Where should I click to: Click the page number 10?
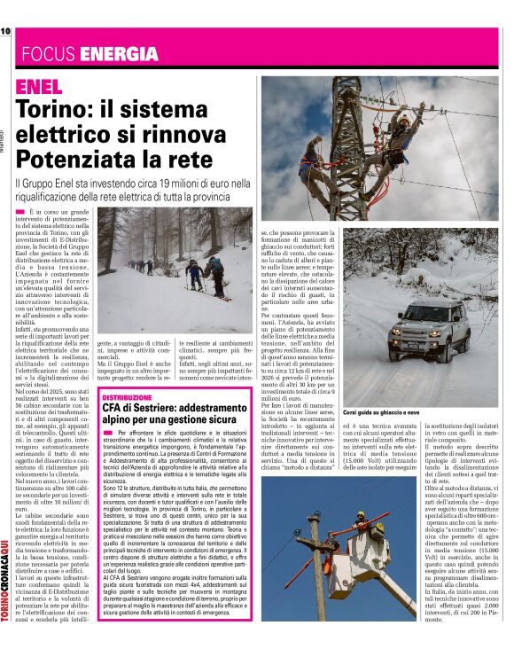click(4, 31)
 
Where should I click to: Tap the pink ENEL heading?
click(40, 87)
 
